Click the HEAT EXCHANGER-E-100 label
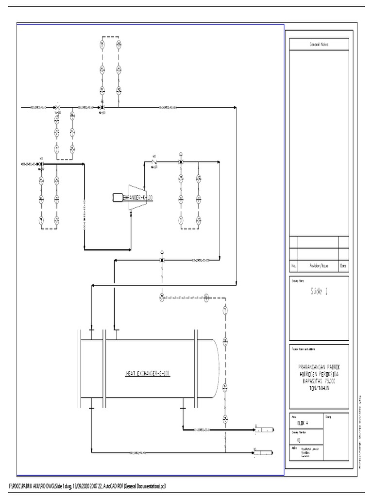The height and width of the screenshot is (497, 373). [x=148, y=373]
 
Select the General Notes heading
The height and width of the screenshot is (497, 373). [x=319, y=44]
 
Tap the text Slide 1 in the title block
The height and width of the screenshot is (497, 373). [x=319, y=292]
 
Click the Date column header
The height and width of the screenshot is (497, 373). [x=343, y=266]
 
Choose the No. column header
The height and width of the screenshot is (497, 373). [x=293, y=266]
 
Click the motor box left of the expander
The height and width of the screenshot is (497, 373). [x=117, y=197]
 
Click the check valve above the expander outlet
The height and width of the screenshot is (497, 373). [x=154, y=161]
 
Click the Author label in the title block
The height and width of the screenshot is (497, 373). [x=294, y=448]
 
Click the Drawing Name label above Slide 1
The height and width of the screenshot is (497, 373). [x=298, y=280]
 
